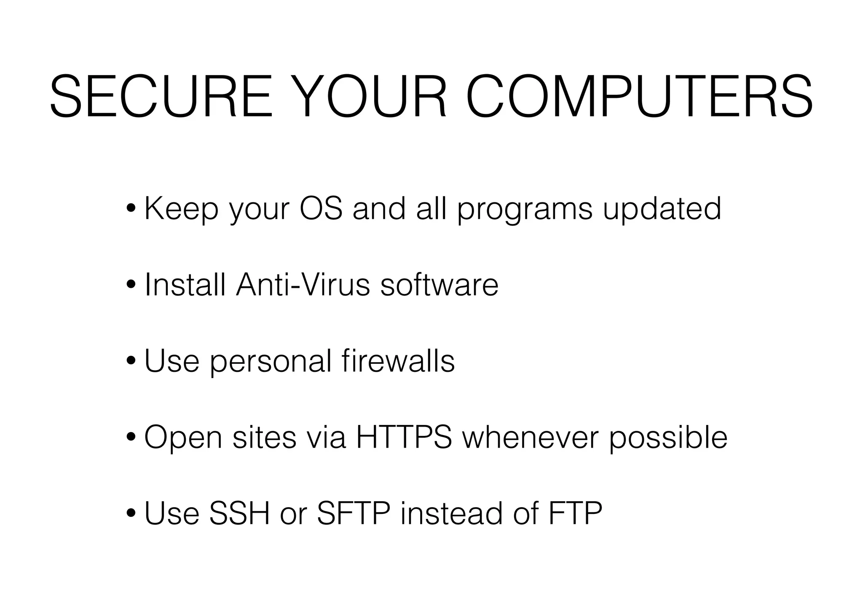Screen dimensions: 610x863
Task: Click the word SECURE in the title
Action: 161,97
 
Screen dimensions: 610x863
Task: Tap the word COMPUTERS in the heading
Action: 640,97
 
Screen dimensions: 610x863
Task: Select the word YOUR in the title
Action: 369,97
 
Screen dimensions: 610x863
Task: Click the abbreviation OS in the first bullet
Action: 321,209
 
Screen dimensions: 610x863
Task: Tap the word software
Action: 439,285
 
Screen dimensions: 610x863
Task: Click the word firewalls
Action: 398,361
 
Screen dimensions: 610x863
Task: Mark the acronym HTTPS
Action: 404,437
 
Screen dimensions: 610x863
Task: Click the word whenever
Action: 530,437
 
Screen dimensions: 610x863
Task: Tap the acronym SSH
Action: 239,513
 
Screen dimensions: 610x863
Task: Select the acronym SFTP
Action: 353,513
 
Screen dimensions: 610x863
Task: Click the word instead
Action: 452,513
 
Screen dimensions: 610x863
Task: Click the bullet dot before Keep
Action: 131,209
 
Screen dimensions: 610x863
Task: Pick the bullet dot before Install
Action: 131,285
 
